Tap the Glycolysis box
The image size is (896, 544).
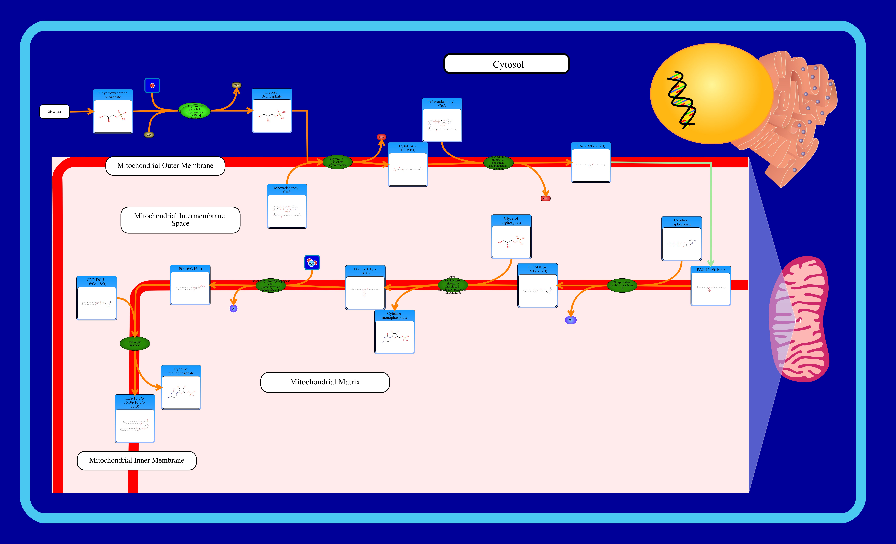[x=55, y=112]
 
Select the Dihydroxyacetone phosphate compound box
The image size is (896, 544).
[x=113, y=112]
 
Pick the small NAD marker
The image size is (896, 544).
[x=236, y=85]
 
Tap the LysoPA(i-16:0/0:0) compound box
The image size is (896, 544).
[x=408, y=165]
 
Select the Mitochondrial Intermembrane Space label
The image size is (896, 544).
[x=180, y=220]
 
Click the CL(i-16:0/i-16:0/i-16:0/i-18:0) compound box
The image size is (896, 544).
[x=135, y=418]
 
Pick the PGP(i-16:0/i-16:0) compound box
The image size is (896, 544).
[x=365, y=288]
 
